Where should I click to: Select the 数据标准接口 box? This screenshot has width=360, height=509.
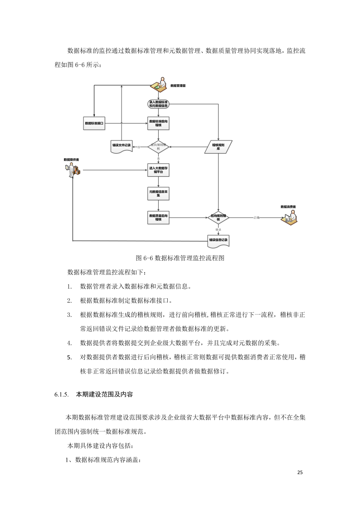coord(94,123)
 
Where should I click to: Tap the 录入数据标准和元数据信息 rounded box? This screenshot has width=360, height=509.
coord(158,104)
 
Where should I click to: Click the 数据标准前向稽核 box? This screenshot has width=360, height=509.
coord(158,123)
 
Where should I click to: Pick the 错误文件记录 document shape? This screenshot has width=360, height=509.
coord(121,146)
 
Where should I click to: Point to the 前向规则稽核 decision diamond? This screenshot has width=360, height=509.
coord(158,146)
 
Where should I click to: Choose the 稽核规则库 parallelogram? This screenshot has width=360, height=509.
coord(219,146)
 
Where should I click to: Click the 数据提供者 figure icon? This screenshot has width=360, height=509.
coord(73,170)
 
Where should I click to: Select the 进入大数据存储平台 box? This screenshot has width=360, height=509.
coord(158,170)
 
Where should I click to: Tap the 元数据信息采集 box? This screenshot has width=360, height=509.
coord(158,194)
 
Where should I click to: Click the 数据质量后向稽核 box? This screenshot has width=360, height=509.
coord(158,218)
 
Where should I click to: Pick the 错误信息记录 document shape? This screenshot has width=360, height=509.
coord(219,241)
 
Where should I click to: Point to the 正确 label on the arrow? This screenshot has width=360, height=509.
coord(257,218)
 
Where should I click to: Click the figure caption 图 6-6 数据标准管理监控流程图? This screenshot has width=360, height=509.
coord(180,258)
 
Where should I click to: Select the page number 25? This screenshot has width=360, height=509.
coord(300,473)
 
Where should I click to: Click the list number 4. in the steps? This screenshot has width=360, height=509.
coord(69,342)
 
